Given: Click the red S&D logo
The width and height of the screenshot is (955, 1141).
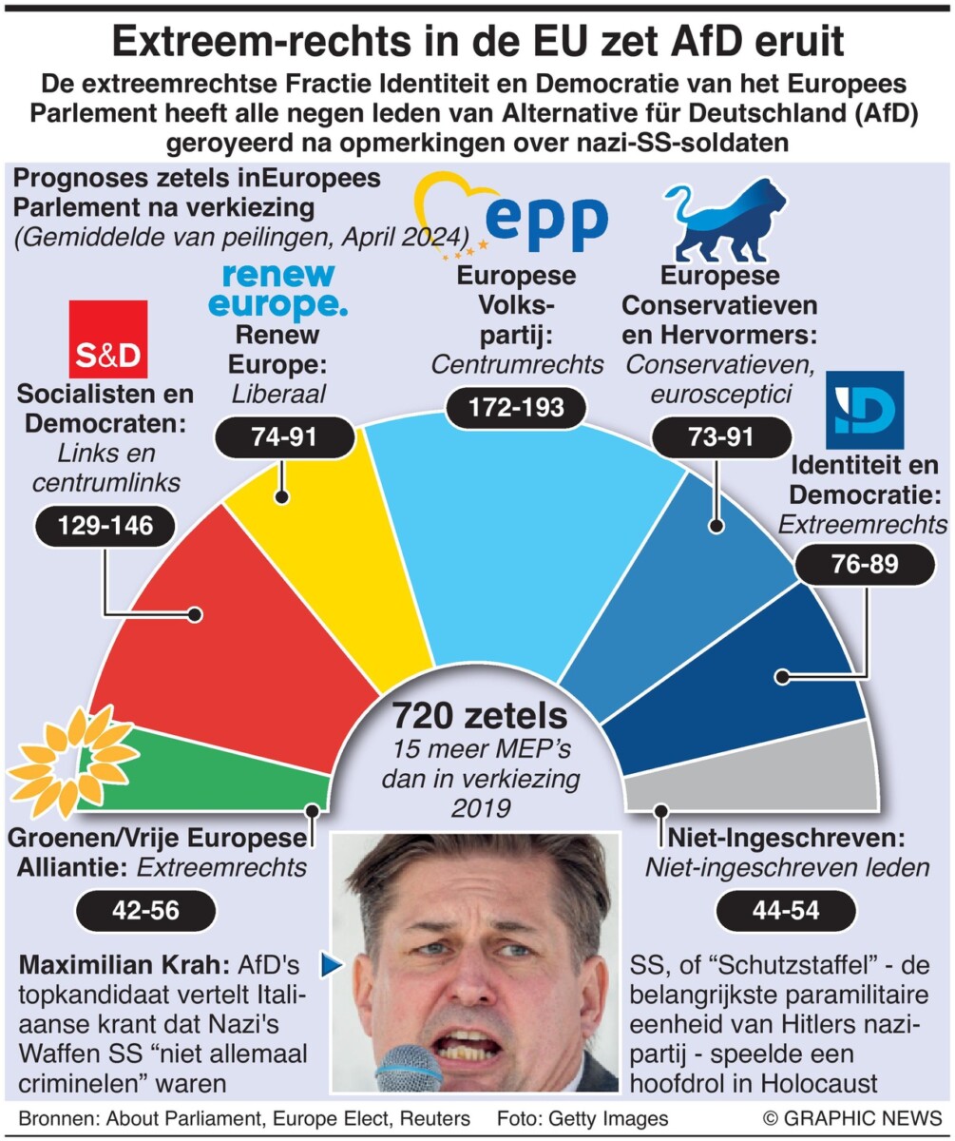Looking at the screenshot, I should click(107, 339).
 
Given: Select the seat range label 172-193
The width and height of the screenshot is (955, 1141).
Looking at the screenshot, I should click(517, 408).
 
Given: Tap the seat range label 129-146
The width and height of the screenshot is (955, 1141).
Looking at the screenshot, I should click(105, 526).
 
